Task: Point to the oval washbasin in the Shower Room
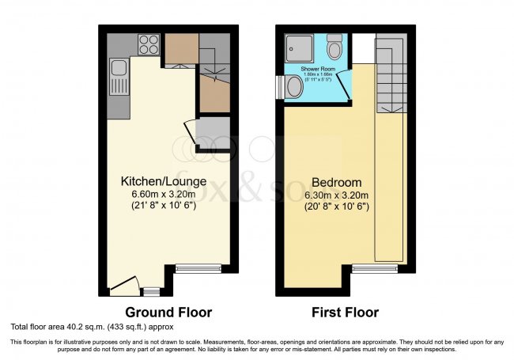pos(294,87)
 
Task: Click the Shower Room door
pos(348,88)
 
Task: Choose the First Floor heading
pos(345,312)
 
